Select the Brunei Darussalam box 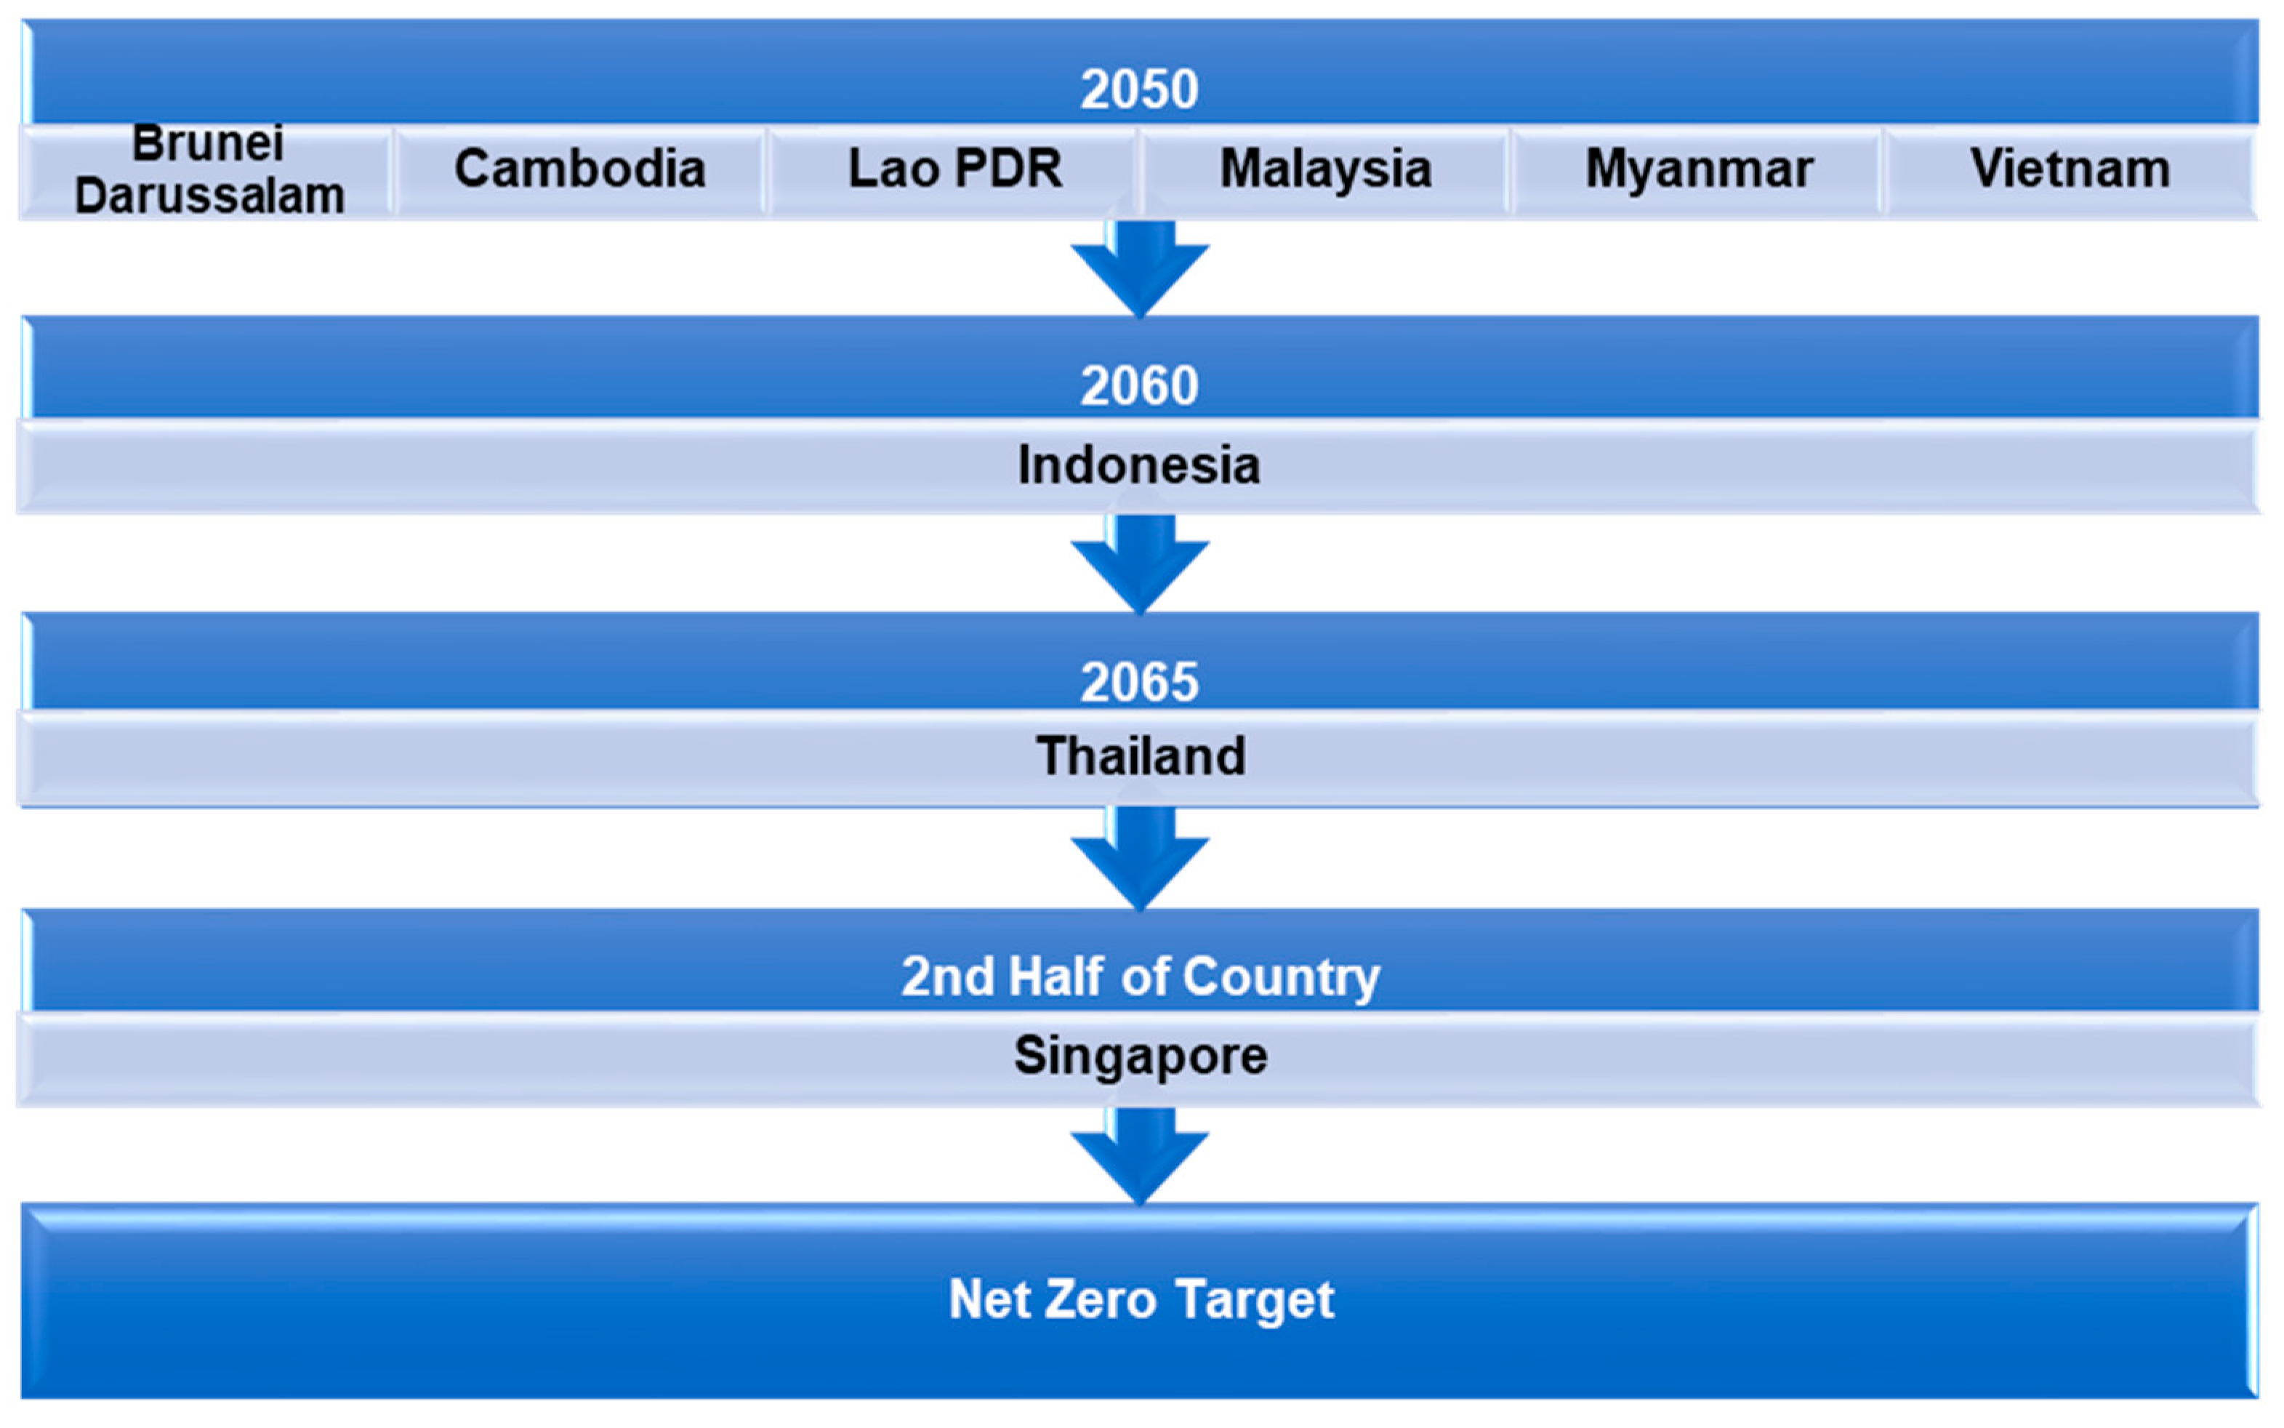(x=209, y=171)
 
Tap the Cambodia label (x=580, y=169)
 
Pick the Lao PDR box (x=954, y=169)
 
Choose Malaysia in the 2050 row (x=1326, y=169)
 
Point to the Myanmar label (x=1699, y=169)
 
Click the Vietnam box (x=2070, y=169)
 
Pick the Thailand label (x=1141, y=756)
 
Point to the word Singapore (x=1141, y=1055)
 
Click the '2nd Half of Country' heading (x=1141, y=976)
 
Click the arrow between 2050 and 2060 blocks (x=1140, y=269)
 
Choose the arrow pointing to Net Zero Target (x=1140, y=1156)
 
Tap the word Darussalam (x=209, y=196)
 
